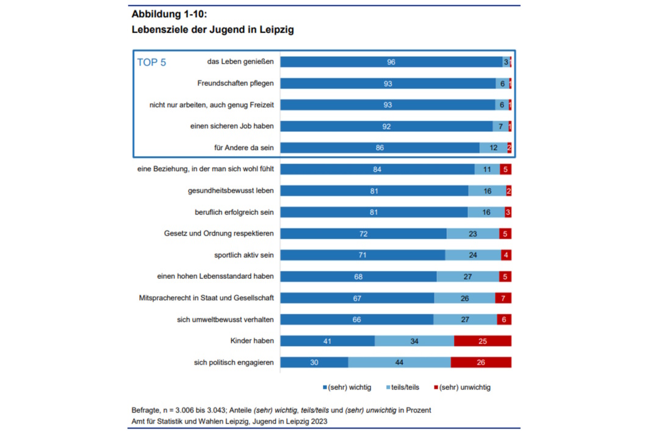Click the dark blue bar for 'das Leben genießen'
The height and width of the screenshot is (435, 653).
point(391,62)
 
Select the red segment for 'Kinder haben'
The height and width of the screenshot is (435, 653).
point(482,341)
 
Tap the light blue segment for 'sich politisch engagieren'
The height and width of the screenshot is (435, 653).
point(399,362)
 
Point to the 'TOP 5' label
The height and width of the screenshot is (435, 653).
point(151,62)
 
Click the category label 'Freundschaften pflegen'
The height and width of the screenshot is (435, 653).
point(236,84)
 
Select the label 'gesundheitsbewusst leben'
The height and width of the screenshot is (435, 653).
point(231,191)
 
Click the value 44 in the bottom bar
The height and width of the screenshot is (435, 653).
point(399,362)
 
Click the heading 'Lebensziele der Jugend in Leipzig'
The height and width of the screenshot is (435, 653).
point(212,29)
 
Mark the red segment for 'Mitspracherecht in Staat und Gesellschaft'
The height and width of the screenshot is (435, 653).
point(503,298)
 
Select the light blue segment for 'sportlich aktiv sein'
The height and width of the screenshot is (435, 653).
point(472,255)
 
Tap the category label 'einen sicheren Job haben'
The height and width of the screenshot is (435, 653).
point(232,126)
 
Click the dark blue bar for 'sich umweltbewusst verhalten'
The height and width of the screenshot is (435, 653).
point(356,320)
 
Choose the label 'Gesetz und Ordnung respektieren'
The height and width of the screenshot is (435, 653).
point(219,234)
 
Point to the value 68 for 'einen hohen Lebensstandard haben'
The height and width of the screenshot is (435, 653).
point(358,277)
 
